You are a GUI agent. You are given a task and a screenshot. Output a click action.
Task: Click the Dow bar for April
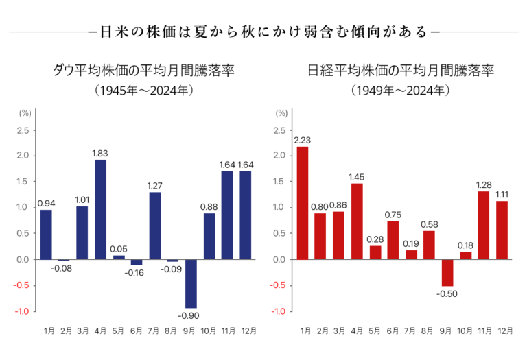pos(100,209)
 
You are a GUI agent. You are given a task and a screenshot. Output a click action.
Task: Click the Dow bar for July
pos(154,226)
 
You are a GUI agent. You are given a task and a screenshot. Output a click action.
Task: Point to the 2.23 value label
pos(302,141)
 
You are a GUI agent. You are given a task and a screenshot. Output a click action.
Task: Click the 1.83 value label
pos(100,153)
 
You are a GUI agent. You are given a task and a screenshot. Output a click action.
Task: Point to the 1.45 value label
pos(356,178)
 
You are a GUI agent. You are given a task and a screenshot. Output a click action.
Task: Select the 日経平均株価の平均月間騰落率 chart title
pos(401,70)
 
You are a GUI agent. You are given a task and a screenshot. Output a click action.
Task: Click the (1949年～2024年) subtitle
pos(400,90)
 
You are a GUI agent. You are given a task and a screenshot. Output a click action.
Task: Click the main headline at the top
pos(264,32)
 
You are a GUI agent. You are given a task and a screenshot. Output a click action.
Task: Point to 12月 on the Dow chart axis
pos(246,331)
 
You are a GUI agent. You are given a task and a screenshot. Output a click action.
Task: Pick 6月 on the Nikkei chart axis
pos(392,331)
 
